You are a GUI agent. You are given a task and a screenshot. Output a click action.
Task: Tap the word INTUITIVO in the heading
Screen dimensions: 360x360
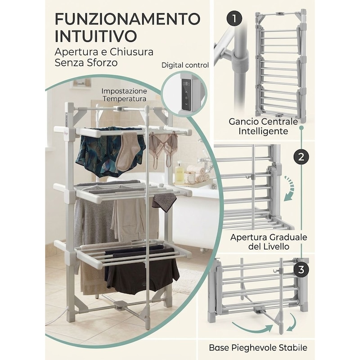pos(96,36)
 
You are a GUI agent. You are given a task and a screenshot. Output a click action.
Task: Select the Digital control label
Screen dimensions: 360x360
pos(185,65)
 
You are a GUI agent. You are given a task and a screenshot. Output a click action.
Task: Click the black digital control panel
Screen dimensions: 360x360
pos(187,94)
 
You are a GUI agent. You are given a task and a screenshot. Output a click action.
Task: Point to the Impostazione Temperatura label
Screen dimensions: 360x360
pos(124,95)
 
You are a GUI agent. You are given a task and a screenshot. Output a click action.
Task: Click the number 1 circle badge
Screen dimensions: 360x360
pos(234,18)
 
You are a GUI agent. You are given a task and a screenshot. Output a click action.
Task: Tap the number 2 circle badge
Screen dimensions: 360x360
pos(301,157)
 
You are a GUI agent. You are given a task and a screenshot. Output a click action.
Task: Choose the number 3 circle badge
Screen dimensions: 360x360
pos(301,270)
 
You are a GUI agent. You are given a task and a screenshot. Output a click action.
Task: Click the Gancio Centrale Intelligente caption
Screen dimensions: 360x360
pos(263,126)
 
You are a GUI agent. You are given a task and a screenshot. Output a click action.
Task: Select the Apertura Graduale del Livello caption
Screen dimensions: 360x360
pos(269,242)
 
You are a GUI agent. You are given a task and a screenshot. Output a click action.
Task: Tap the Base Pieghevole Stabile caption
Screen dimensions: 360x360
pos(258,347)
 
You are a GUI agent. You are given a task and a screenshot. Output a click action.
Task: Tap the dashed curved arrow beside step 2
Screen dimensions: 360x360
pos(289,189)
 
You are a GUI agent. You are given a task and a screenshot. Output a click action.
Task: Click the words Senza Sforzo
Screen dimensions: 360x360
pos(86,63)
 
